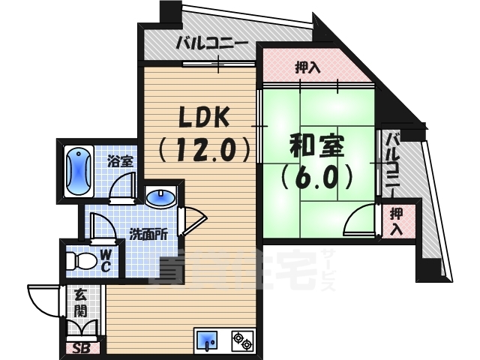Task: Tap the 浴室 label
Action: pyautogui.click(x=119, y=160)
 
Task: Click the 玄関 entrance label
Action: pyautogui.click(x=79, y=301)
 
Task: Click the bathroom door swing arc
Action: pyautogui.click(x=120, y=188)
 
